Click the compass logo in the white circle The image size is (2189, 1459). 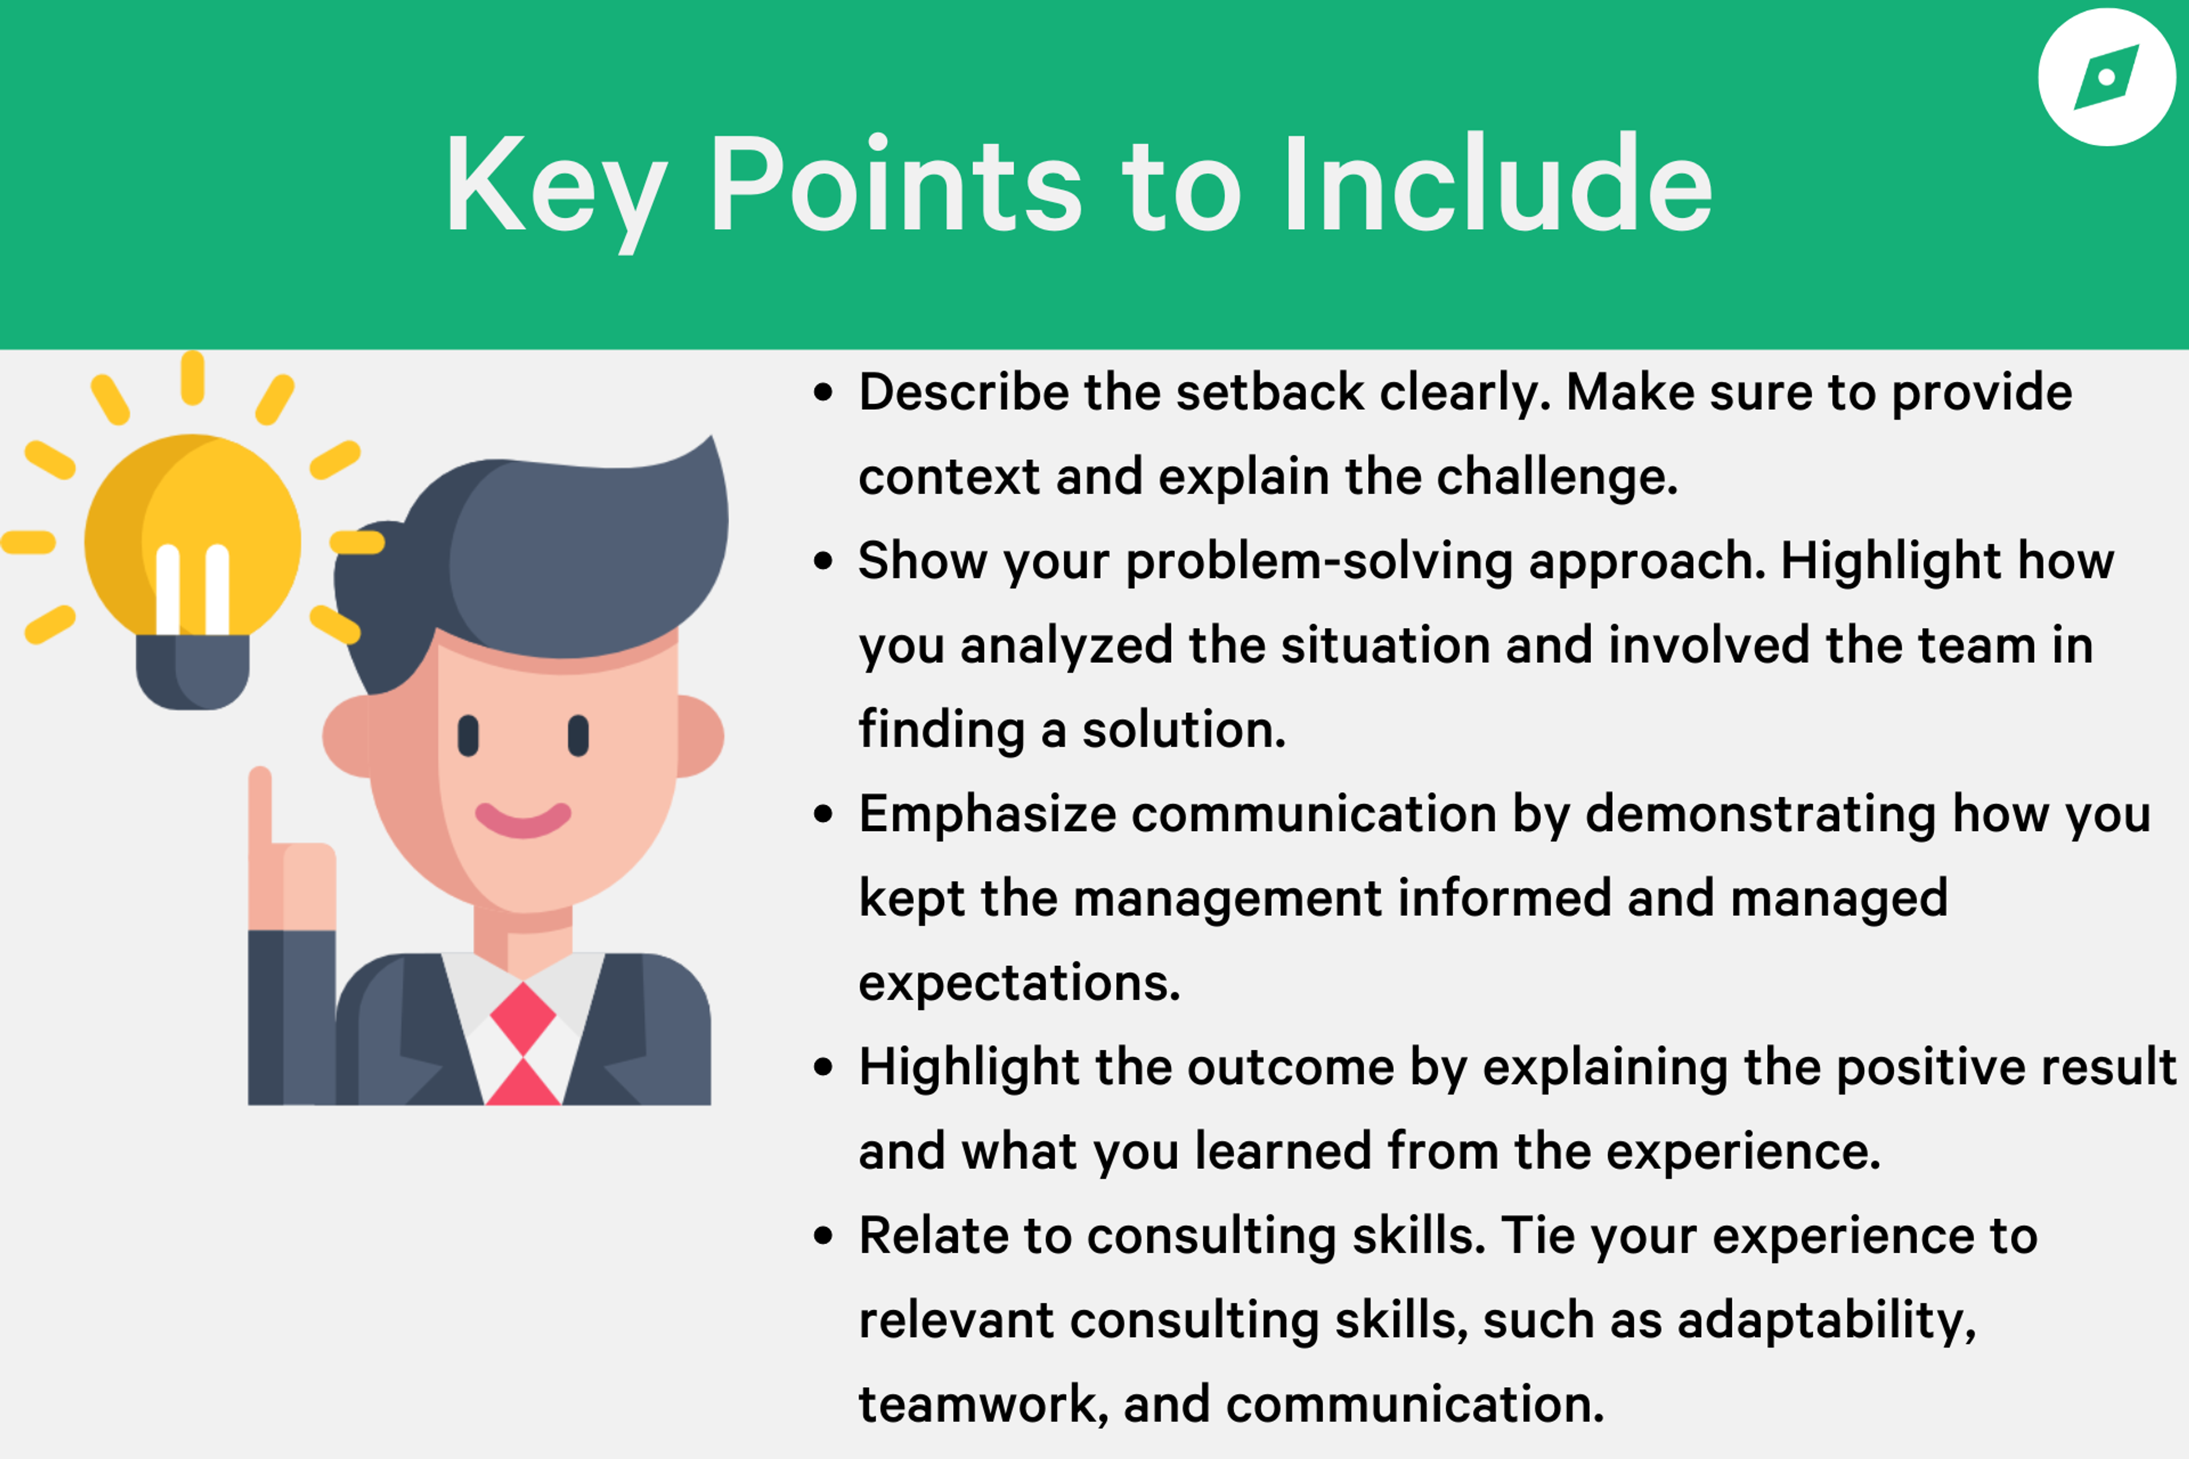click(2106, 78)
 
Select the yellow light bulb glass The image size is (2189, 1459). click(193, 535)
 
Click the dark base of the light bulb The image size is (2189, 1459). click(193, 672)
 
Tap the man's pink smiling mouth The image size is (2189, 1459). click(523, 819)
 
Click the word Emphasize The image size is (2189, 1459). click(987, 815)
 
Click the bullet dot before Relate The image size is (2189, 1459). click(823, 1237)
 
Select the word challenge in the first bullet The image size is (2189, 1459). click(1557, 478)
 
